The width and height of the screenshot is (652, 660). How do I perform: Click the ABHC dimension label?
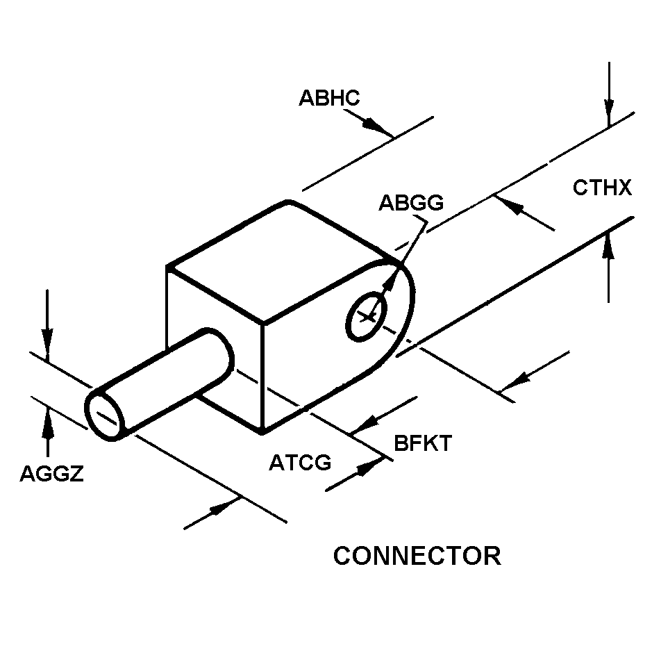point(329,98)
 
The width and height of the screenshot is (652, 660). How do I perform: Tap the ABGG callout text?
point(411,203)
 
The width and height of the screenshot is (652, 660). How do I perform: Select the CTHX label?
point(602,188)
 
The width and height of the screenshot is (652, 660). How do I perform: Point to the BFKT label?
point(423,443)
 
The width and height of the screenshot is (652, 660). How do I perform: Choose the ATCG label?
point(300,462)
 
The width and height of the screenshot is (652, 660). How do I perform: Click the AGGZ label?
point(52,474)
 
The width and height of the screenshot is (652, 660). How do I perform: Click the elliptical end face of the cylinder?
point(105,415)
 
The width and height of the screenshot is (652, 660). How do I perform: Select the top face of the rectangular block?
point(278,262)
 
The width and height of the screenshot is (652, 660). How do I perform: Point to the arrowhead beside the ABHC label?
point(374,126)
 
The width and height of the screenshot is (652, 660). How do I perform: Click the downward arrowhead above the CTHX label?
point(609,112)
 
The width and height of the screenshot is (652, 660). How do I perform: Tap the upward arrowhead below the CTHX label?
point(608,245)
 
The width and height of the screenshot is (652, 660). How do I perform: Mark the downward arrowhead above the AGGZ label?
point(47,343)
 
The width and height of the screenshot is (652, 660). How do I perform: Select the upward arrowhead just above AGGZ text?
point(48,422)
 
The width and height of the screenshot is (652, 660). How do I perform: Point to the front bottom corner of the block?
point(262,431)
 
